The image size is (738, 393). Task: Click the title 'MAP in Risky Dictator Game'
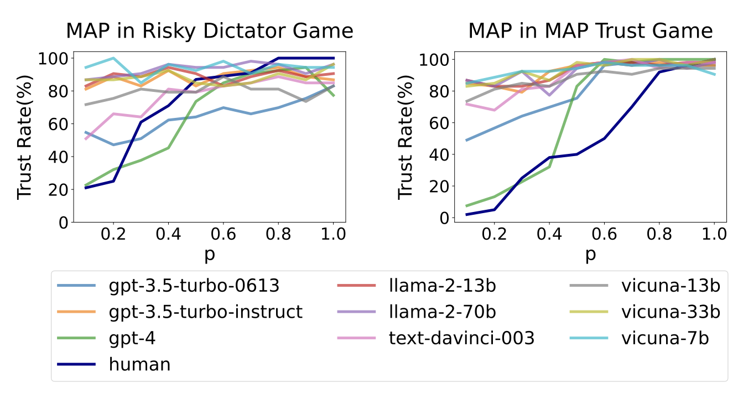210,30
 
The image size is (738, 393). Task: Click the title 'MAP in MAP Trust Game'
590,30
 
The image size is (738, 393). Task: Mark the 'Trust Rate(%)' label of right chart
407,137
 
